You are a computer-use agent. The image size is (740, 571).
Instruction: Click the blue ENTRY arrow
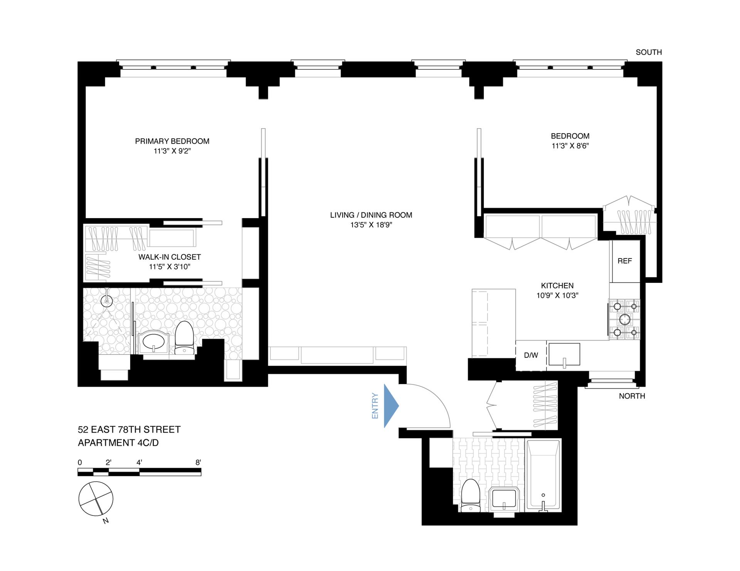(x=390, y=406)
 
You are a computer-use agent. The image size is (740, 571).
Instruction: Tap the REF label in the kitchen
(x=624, y=261)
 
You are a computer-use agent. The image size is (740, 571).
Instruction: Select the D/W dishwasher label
(x=531, y=355)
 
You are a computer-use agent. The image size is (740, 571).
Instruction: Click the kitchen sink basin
(x=564, y=354)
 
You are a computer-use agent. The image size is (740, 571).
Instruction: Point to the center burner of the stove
(x=624, y=319)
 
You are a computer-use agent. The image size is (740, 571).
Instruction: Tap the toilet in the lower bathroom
(x=470, y=495)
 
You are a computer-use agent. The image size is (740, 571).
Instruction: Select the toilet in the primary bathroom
(x=184, y=337)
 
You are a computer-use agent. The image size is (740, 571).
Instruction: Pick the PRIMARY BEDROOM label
(x=172, y=141)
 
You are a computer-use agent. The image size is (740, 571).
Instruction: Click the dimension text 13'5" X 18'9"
(x=371, y=225)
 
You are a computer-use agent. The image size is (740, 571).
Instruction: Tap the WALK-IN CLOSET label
(x=170, y=257)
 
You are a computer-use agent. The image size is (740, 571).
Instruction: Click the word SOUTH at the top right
(x=649, y=52)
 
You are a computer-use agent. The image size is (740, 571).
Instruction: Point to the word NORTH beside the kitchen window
(x=632, y=396)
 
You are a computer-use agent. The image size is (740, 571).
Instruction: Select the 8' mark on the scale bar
(x=198, y=462)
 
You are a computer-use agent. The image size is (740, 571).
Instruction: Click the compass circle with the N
(x=96, y=499)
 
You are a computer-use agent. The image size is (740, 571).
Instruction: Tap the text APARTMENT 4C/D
(x=118, y=443)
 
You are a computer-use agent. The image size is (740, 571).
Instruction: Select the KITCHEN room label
(x=557, y=285)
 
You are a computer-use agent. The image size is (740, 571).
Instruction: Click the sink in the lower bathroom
(x=505, y=499)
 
